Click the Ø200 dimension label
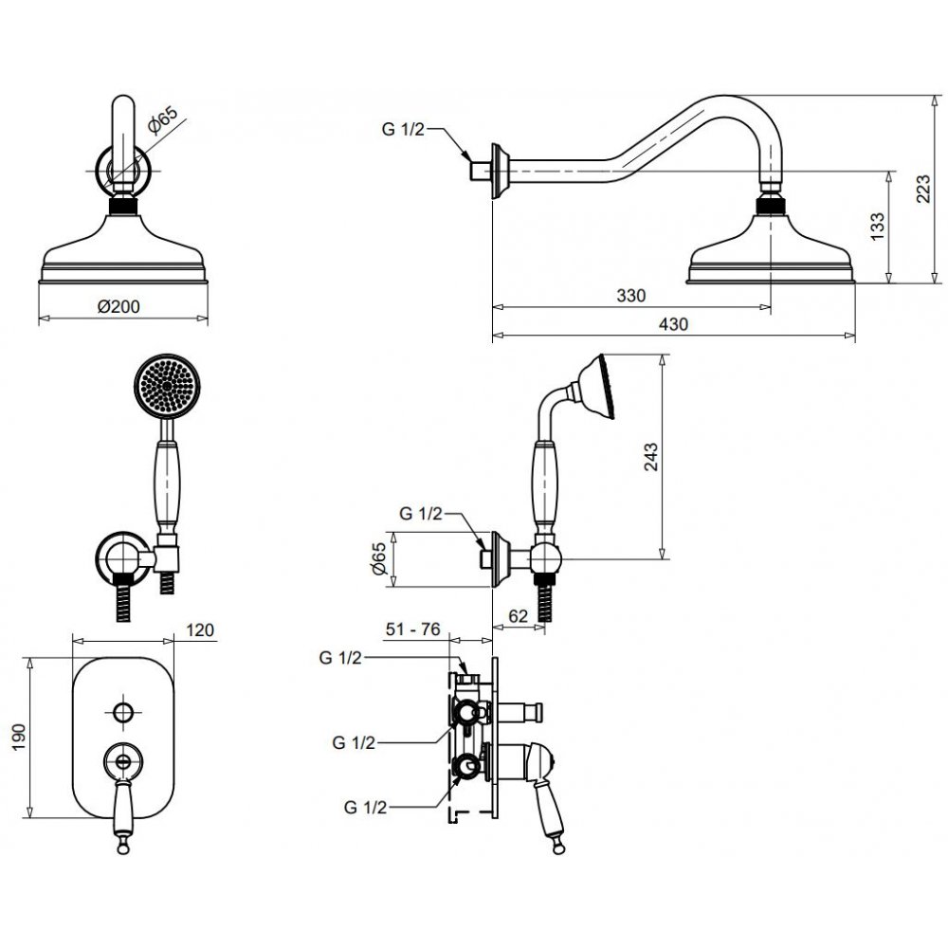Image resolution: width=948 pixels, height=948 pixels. point(119,306)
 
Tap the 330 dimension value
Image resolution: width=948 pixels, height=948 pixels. point(631,296)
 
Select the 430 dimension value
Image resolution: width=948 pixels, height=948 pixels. point(673,324)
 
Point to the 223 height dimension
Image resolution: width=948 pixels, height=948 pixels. point(923,189)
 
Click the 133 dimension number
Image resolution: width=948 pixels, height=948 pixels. point(878,227)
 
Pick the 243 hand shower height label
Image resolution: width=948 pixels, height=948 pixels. point(650,457)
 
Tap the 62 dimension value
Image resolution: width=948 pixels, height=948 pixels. point(519,616)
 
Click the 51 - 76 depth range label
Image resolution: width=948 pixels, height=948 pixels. point(413,629)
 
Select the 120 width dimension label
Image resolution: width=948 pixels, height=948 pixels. point(199,630)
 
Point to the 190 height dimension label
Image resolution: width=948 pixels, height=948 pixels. point(19,737)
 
